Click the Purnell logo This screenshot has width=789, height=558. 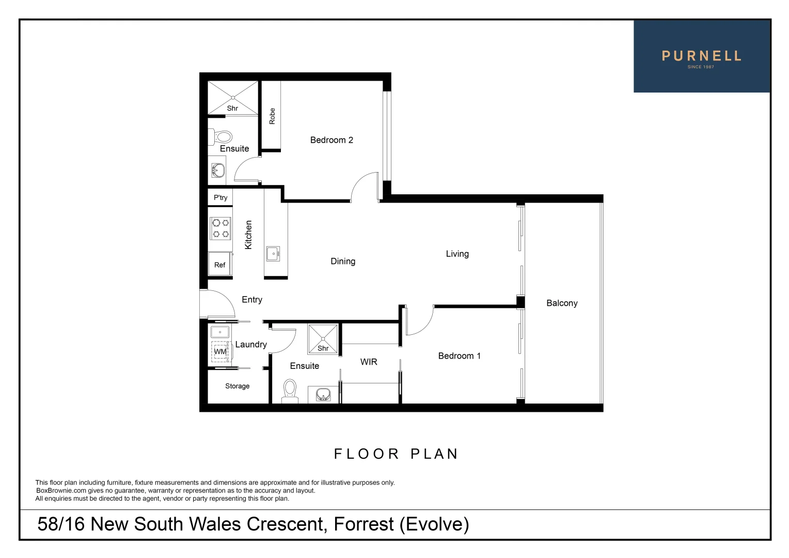(701, 57)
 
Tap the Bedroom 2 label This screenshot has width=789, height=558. (332, 140)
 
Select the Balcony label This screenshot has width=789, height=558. (562, 303)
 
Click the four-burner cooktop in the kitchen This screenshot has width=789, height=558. (220, 228)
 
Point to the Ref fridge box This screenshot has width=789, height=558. (219, 264)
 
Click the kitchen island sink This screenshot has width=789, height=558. (273, 254)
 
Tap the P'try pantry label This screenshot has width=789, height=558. (220, 197)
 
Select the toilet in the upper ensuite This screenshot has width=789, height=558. (222, 137)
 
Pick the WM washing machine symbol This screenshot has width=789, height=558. (220, 351)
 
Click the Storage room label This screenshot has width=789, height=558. (237, 386)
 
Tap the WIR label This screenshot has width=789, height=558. (369, 362)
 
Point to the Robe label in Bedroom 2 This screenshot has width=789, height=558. (272, 116)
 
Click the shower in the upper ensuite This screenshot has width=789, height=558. (233, 98)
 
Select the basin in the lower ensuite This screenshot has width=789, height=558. (323, 395)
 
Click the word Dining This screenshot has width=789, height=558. (343, 261)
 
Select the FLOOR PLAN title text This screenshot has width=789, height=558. (396, 454)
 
